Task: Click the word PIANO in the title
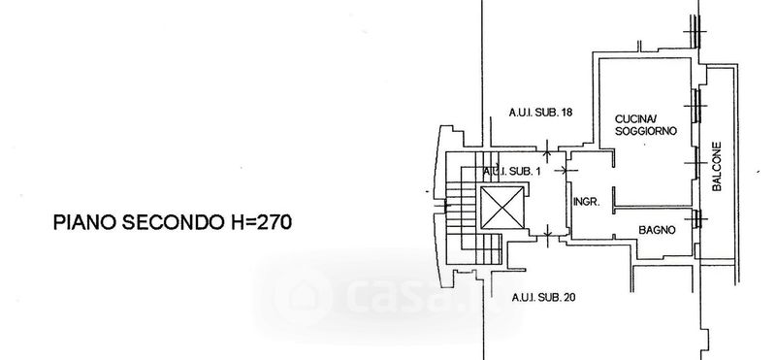84,222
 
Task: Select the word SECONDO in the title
173,222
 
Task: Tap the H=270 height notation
261,222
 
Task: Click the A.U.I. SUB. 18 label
540,113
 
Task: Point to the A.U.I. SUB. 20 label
543,298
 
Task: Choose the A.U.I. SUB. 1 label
512,172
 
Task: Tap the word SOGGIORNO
646,131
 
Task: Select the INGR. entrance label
587,202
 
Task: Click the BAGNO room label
657,230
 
